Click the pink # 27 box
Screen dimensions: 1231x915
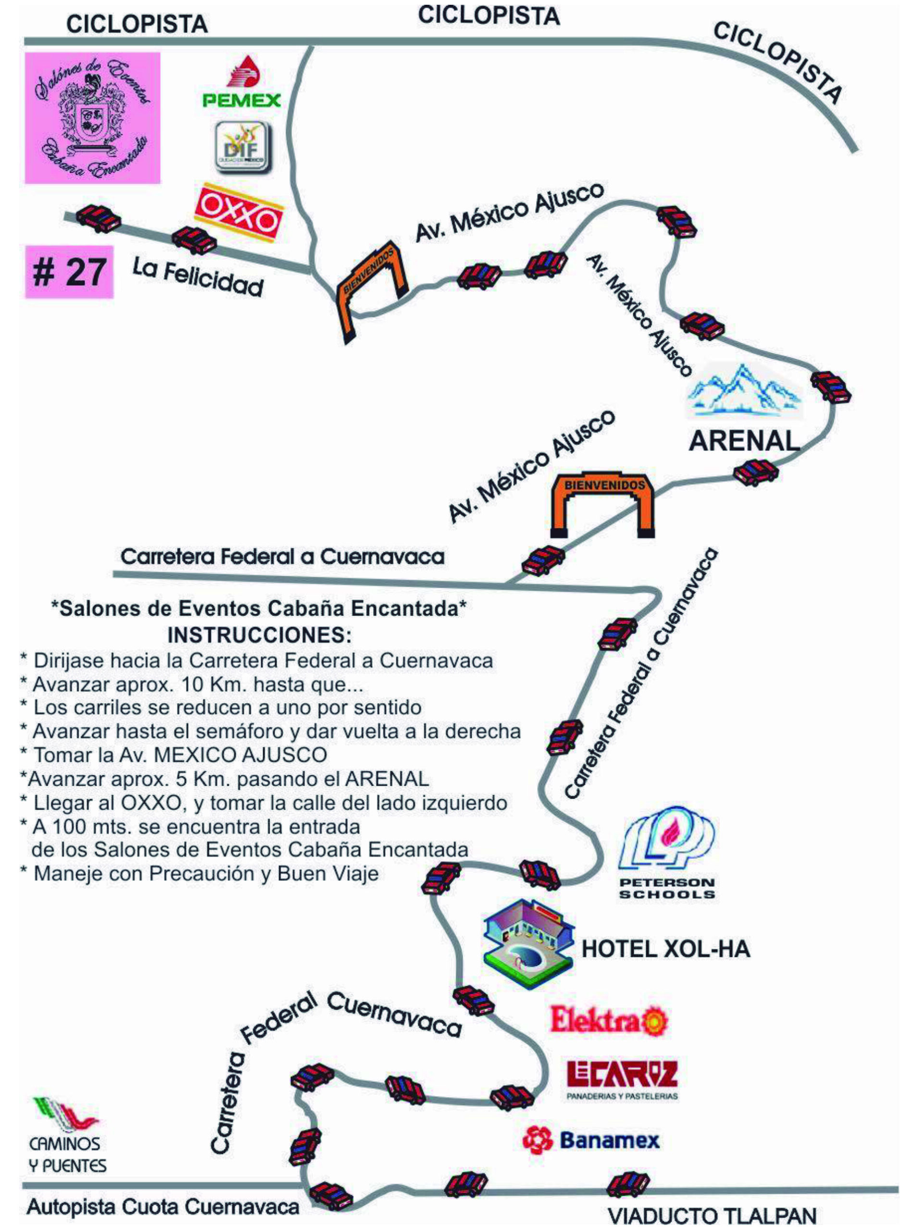point(69,272)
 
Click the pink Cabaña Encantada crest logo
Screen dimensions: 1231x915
point(92,118)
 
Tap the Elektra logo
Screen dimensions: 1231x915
point(608,1020)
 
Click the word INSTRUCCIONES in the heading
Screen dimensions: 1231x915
point(259,635)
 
